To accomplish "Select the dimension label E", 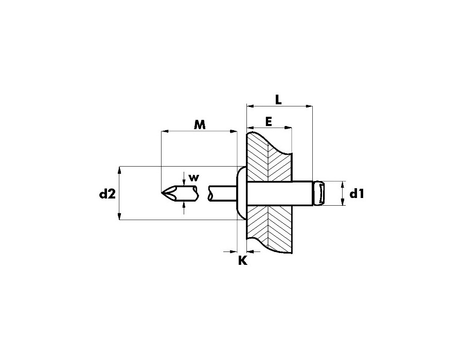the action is point(269,121).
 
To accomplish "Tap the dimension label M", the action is point(200,124).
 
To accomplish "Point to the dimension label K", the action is point(243,260).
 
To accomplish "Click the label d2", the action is point(108,194).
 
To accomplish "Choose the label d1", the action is point(357,194).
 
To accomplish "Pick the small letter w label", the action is point(194,177).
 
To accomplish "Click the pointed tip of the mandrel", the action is point(162,193).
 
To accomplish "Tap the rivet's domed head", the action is point(242,193).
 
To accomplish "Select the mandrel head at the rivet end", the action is point(319,193).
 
